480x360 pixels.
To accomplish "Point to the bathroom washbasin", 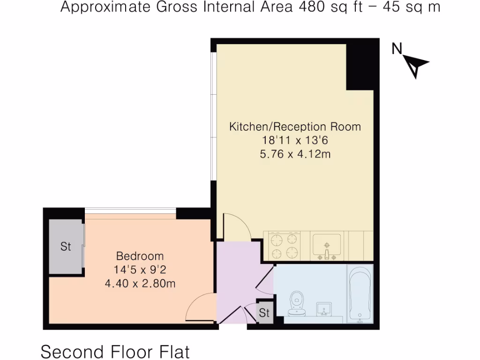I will (x=324, y=309).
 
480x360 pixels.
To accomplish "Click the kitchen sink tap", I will (x=327, y=255).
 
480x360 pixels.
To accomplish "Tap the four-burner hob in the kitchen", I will (x=285, y=246).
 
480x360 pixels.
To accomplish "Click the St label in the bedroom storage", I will (x=66, y=246).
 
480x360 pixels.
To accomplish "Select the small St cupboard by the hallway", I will (x=265, y=313).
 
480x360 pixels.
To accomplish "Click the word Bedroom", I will (x=140, y=256).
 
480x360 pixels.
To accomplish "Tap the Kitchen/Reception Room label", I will (x=295, y=127).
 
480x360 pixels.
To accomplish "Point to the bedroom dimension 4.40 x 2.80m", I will (x=140, y=283).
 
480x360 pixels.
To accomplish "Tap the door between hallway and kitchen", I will (x=237, y=227).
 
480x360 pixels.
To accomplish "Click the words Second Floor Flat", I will (x=115, y=351).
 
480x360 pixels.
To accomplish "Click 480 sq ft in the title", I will (x=328, y=8).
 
